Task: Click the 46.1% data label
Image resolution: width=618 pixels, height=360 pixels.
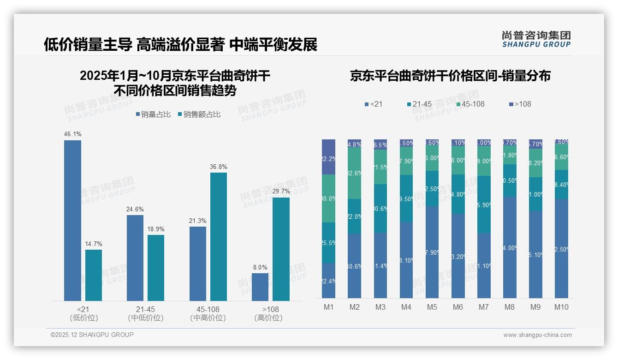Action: pos(72,134)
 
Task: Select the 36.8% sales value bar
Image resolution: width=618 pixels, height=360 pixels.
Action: pos(219,237)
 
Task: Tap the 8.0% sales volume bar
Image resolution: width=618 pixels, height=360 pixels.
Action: pos(260,287)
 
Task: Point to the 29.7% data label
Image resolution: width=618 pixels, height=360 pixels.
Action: pos(281,192)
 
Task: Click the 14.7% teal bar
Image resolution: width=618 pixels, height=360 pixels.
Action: pos(94,275)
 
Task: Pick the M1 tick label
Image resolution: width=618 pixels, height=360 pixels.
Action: pos(328,307)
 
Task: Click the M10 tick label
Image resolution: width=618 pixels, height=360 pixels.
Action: pos(561,307)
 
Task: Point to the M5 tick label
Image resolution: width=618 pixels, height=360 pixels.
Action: pos(432,307)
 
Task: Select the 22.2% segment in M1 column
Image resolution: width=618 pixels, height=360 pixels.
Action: pos(328,157)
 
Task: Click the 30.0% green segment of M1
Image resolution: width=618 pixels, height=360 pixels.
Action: pos(328,198)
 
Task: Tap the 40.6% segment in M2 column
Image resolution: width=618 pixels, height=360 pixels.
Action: pos(354,266)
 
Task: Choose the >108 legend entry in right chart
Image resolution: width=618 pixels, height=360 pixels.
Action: pos(521,104)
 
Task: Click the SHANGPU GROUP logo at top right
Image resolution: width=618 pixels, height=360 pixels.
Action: pos(536,39)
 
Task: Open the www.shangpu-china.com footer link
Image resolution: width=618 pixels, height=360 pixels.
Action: pos(537,335)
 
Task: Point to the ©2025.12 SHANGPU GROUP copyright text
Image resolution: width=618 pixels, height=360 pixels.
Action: pos(92,335)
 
